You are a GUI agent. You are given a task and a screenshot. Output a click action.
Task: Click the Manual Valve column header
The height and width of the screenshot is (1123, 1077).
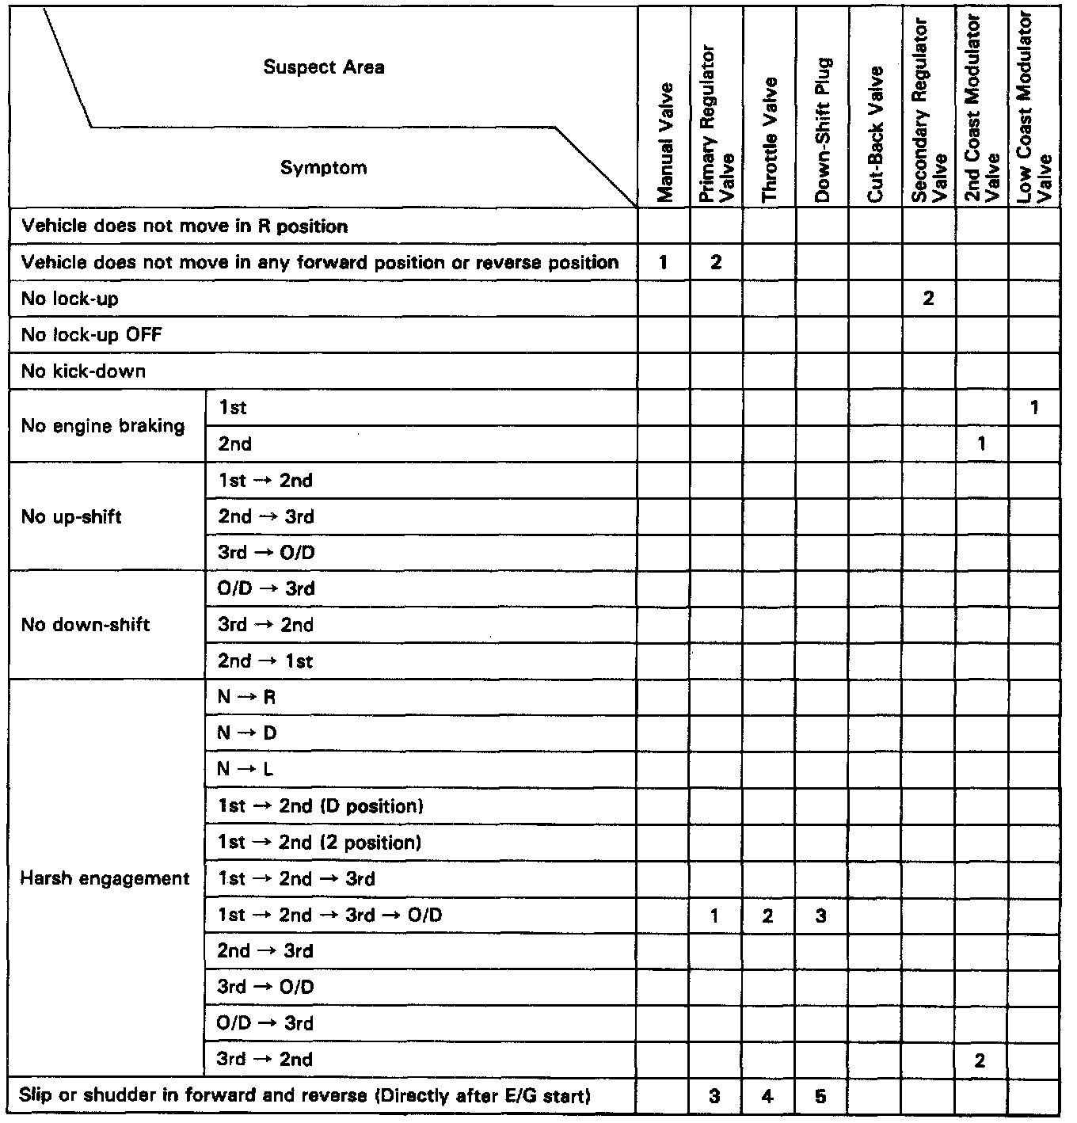[x=664, y=143]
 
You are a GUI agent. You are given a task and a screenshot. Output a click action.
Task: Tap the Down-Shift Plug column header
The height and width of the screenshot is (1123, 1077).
[x=822, y=131]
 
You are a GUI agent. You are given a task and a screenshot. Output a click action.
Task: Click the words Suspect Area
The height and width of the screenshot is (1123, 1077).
[x=324, y=67]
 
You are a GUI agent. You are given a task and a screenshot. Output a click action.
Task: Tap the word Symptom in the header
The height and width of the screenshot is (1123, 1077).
[x=324, y=168]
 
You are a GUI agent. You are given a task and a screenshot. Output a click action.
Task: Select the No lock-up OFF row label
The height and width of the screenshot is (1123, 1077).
[x=92, y=335]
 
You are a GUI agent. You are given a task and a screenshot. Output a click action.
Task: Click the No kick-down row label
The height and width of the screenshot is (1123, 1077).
[x=84, y=371]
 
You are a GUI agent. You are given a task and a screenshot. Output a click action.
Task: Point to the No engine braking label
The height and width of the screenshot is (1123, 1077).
[x=103, y=426]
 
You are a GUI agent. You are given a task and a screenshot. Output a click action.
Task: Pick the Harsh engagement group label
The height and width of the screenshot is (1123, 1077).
[x=105, y=878]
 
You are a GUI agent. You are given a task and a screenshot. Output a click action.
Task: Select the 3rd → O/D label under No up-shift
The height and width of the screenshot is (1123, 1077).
[x=266, y=553]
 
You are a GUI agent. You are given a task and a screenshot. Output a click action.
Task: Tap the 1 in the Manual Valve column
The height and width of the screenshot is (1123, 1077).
[x=663, y=263]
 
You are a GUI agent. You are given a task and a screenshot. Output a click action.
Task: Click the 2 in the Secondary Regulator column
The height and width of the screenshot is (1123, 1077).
[x=928, y=299]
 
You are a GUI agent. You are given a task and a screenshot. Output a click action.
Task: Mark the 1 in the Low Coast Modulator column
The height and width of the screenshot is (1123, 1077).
[x=1034, y=408]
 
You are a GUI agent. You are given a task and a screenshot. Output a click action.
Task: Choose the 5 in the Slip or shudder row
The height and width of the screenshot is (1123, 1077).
[x=821, y=1097]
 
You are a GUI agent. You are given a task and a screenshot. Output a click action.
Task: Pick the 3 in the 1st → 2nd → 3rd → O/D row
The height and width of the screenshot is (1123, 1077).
[x=821, y=916]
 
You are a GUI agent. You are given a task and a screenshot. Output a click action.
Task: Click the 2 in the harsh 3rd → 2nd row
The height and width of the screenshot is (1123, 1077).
[x=980, y=1060]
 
